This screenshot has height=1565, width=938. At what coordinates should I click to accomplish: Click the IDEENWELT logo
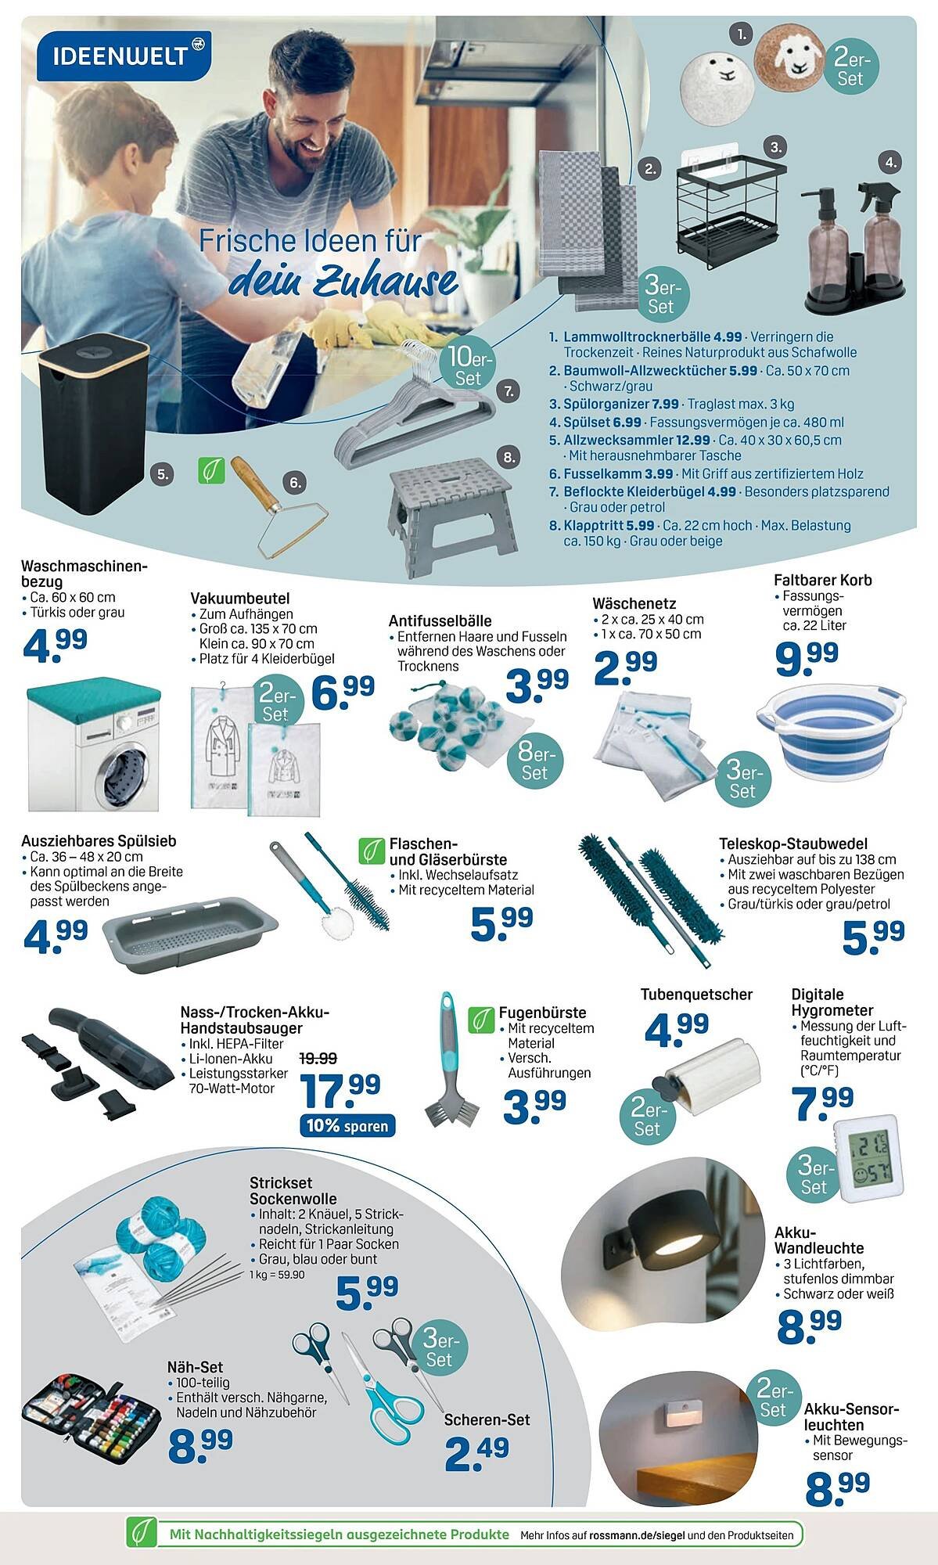[124, 56]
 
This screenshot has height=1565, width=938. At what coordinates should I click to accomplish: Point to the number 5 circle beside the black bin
[161, 473]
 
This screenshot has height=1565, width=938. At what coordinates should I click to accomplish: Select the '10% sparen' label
[347, 1126]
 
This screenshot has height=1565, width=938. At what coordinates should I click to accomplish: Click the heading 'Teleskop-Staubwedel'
[793, 844]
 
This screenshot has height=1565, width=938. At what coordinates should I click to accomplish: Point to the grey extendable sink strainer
[207, 928]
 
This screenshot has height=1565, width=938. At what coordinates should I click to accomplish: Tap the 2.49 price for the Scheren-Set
[476, 1452]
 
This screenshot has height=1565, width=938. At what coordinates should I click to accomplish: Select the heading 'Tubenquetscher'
[696, 995]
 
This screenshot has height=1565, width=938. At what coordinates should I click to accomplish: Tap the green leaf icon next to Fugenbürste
[480, 1020]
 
